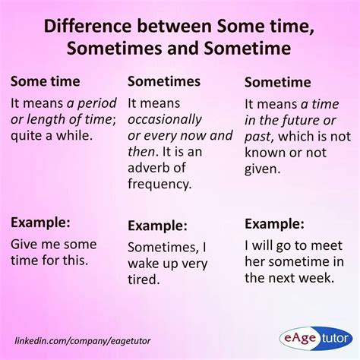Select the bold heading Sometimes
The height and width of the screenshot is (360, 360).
click(x=164, y=81)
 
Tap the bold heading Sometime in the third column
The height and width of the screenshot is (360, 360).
click(x=278, y=83)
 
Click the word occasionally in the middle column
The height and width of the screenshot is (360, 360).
click(x=165, y=119)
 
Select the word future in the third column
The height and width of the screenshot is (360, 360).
click(x=304, y=119)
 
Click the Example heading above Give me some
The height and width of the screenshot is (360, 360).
click(x=40, y=223)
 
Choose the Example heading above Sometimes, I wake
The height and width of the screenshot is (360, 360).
click(x=158, y=225)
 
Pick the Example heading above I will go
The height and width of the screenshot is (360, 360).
click(x=276, y=223)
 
